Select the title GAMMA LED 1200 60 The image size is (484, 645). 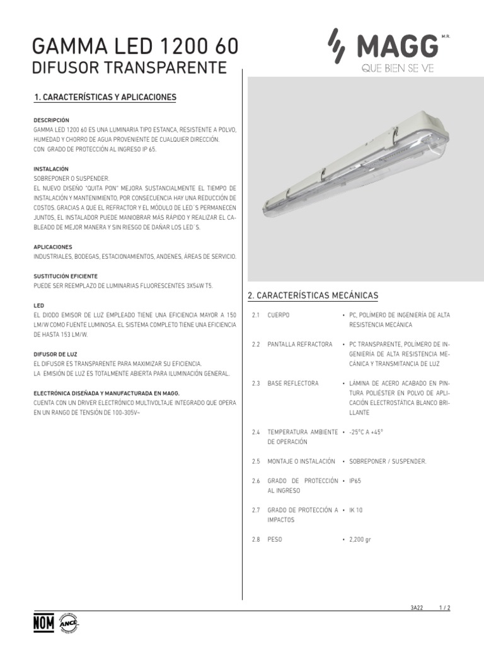[x=135, y=47]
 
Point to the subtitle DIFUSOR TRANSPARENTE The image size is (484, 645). [x=129, y=67]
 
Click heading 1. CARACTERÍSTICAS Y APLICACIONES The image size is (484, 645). [x=105, y=97]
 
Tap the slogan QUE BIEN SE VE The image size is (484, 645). [x=398, y=68]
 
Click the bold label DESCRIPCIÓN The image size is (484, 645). [x=51, y=120]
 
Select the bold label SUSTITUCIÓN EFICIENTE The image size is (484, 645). [x=65, y=277]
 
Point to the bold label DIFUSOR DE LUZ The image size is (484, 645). [x=55, y=355]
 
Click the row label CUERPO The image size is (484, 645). [x=278, y=314]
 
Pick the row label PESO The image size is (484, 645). [x=274, y=540]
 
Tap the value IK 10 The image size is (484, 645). [x=356, y=510]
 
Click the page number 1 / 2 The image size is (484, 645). [x=445, y=608]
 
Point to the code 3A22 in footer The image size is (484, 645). [x=417, y=608]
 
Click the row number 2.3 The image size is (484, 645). [x=256, y=383]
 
